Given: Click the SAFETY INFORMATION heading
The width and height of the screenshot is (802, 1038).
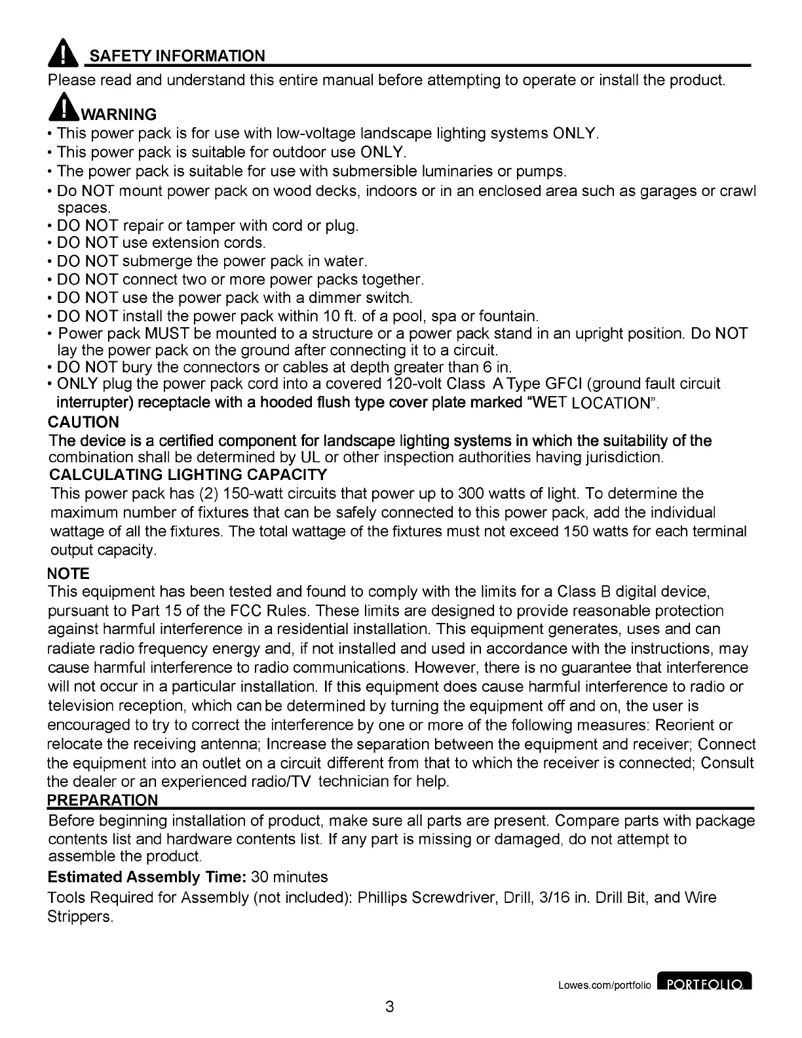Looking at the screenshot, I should (177, 56).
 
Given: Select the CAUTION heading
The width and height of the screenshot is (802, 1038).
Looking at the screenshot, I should (84, 422).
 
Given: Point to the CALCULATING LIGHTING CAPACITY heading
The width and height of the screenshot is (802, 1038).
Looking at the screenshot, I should (188, 474).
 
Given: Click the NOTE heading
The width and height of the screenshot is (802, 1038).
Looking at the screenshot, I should (69, 574).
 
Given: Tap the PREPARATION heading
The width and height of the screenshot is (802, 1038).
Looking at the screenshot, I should (103, 800).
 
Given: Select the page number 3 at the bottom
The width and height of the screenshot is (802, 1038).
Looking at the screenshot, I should (390, 1007).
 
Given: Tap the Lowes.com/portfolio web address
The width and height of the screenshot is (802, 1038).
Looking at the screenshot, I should (604, 985).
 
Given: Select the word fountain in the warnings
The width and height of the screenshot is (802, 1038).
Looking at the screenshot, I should (508, 316).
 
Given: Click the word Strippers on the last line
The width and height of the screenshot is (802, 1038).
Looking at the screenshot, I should (79, 916).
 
